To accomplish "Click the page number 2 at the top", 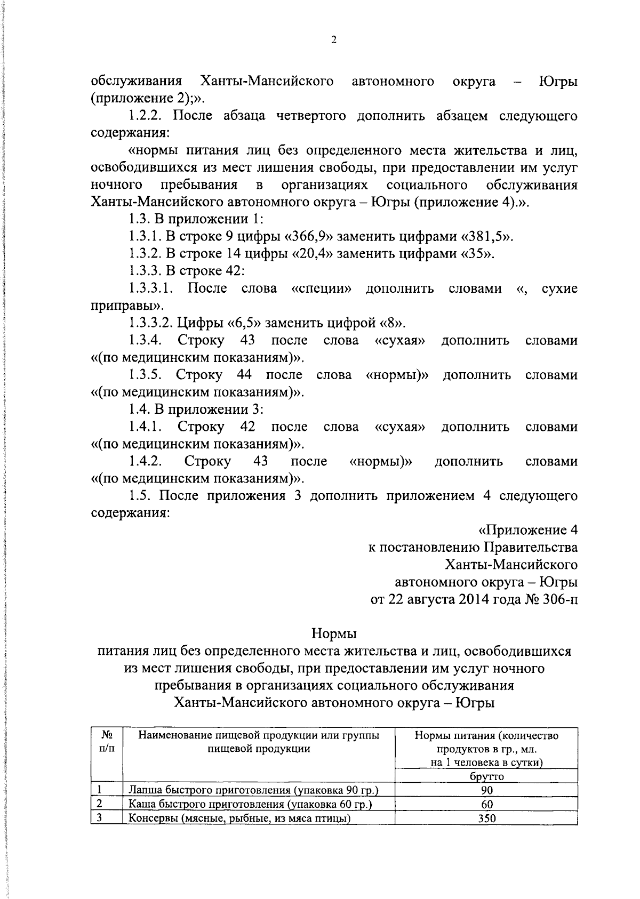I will point(333,41).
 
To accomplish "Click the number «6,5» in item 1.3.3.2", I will point(244,323).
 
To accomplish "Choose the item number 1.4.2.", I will point(145,461).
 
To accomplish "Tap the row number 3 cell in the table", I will point(100,817).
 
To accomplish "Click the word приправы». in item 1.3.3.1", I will point(127,306).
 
